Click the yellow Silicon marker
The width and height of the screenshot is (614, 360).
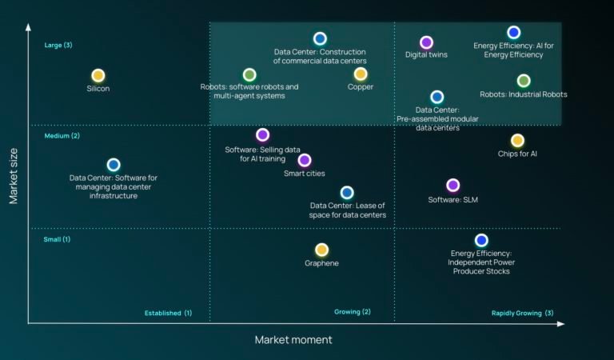(98, 75)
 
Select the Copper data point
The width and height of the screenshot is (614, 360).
(361, 74)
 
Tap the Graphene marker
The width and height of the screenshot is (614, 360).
(321, 250)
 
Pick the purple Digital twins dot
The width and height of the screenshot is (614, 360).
(426, 42)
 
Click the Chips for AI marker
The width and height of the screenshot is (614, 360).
(517, 140)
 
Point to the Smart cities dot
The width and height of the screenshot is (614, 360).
(305, 160)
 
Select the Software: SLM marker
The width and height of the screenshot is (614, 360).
(453, 186)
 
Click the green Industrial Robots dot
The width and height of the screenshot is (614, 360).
(524, 81)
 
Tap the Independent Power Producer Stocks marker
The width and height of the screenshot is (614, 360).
(481, 240)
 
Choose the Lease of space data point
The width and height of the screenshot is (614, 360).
(347, 192)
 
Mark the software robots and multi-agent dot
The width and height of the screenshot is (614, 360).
(249, 74)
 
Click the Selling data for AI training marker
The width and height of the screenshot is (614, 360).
(262, 134)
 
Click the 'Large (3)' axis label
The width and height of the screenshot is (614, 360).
(58, 45)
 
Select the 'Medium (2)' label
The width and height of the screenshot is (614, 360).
(62, 136)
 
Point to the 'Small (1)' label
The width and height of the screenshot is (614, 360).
(58, 239)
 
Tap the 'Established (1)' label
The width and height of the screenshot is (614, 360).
(169, 313)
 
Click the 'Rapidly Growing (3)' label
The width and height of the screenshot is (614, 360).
(522, 313)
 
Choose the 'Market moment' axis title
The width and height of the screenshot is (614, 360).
(293, 340)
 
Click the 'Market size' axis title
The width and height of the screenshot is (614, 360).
(14, 176)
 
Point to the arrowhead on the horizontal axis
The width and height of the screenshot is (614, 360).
(560, 324)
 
